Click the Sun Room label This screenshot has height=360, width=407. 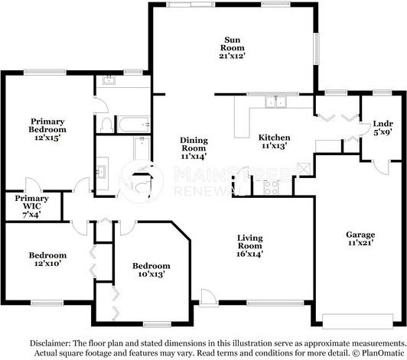(x=232, y=44)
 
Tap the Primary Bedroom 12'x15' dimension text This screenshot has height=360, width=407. (x=47, y=138)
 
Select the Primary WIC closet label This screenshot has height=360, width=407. (x=31, y=203)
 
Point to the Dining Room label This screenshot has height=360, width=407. (x=194, y=144)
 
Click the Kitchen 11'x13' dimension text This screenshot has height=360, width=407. (x=274, y=146)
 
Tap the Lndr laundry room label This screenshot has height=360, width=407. (x=383, y=124)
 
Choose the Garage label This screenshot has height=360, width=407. (x=360, y=235)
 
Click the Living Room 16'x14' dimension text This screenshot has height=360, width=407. (x=249, y=254)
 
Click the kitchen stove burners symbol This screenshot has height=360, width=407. (x=271, y=187)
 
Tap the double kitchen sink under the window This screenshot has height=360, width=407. (x=275, y=102)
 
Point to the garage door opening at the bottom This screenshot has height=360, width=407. (x=358, y=321)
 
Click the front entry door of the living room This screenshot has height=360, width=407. (x=207, y=298)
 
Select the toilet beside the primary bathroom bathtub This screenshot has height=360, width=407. (x=106, y=125)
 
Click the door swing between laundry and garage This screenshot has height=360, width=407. (x=381, y=167)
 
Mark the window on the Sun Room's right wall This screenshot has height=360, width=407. (x=317, y=49)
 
